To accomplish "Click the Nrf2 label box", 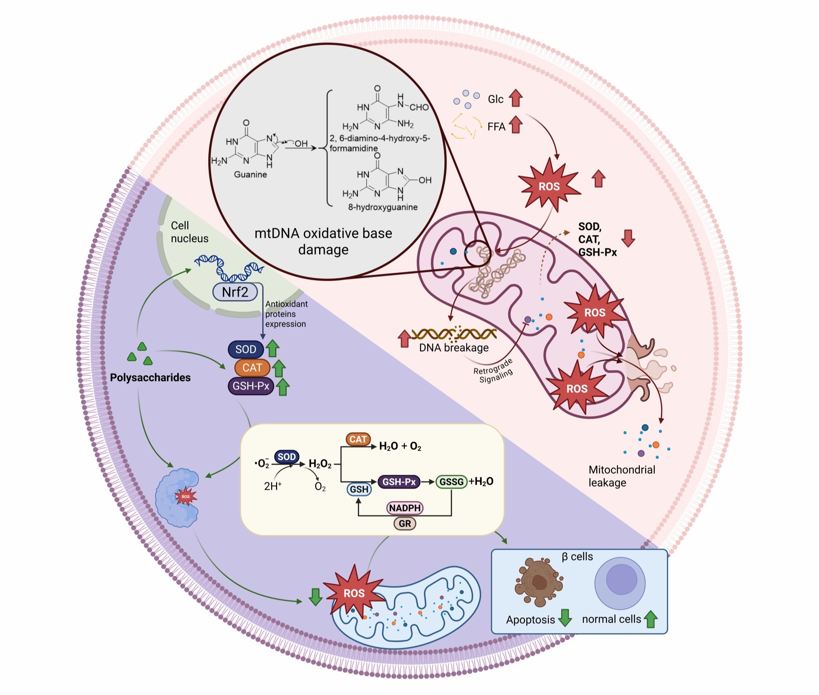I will pos(235,292).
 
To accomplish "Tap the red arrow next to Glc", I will pos(516,98).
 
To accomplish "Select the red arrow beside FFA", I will pos(516,125).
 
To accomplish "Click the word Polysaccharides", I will pos(150,377).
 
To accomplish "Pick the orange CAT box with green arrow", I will pos(252,368).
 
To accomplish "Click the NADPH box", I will pos(405,508).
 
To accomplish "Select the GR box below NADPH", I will pos(405,523).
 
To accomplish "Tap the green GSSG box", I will pos(451,482).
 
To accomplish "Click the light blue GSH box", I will pos(359,489).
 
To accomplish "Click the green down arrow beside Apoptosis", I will pos(565,617).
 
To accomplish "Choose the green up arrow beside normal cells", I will pos(650,619).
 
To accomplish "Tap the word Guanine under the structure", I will pos(250,174).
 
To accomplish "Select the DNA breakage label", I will pos(454,347).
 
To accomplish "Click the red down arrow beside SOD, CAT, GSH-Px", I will pos(628,238).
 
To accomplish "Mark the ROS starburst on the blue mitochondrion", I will pos(354,592).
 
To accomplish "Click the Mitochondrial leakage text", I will pos(621,476).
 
